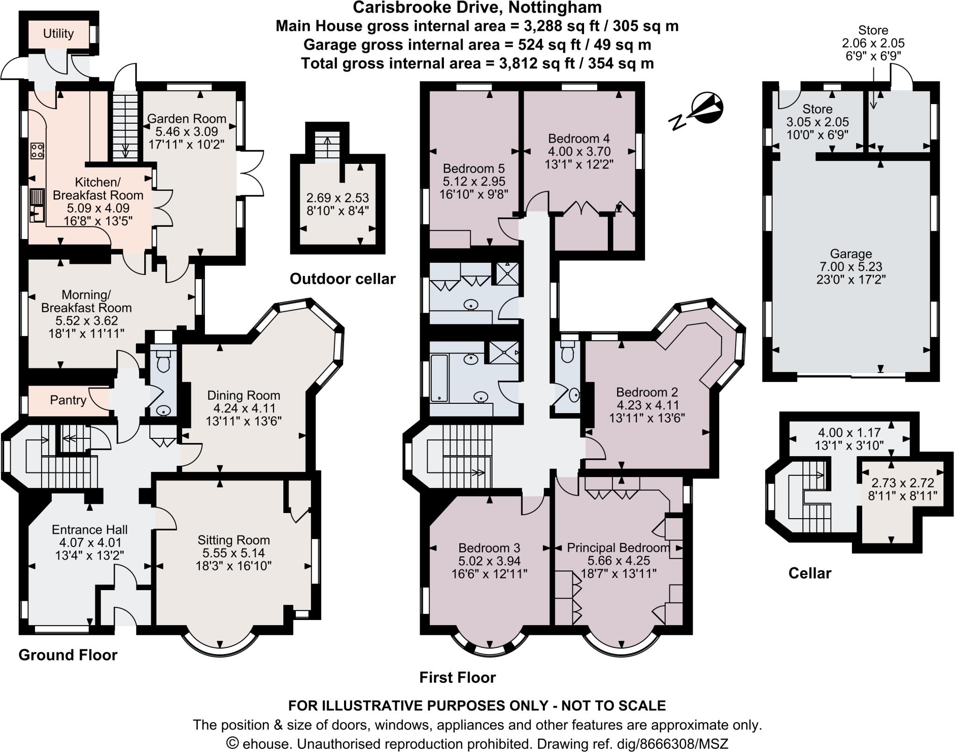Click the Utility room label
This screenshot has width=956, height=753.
coord(58,34)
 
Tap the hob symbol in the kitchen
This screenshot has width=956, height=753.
coord(37,151)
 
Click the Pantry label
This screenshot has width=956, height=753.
coord(68,400)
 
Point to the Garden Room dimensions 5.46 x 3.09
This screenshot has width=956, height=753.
coord(187,132)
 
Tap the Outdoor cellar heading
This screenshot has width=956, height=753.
coord(342,279)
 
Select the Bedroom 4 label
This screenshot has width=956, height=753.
coord(579,138)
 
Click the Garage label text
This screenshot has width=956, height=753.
coord(851,254)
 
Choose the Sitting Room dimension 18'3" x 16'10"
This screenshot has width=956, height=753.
coord(233,566)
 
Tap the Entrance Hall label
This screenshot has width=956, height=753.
coord(90,529)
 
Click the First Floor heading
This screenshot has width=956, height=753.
coord(457,677)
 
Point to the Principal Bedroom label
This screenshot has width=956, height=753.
coord(618,548)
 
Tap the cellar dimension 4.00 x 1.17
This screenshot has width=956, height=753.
coord(849,433)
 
